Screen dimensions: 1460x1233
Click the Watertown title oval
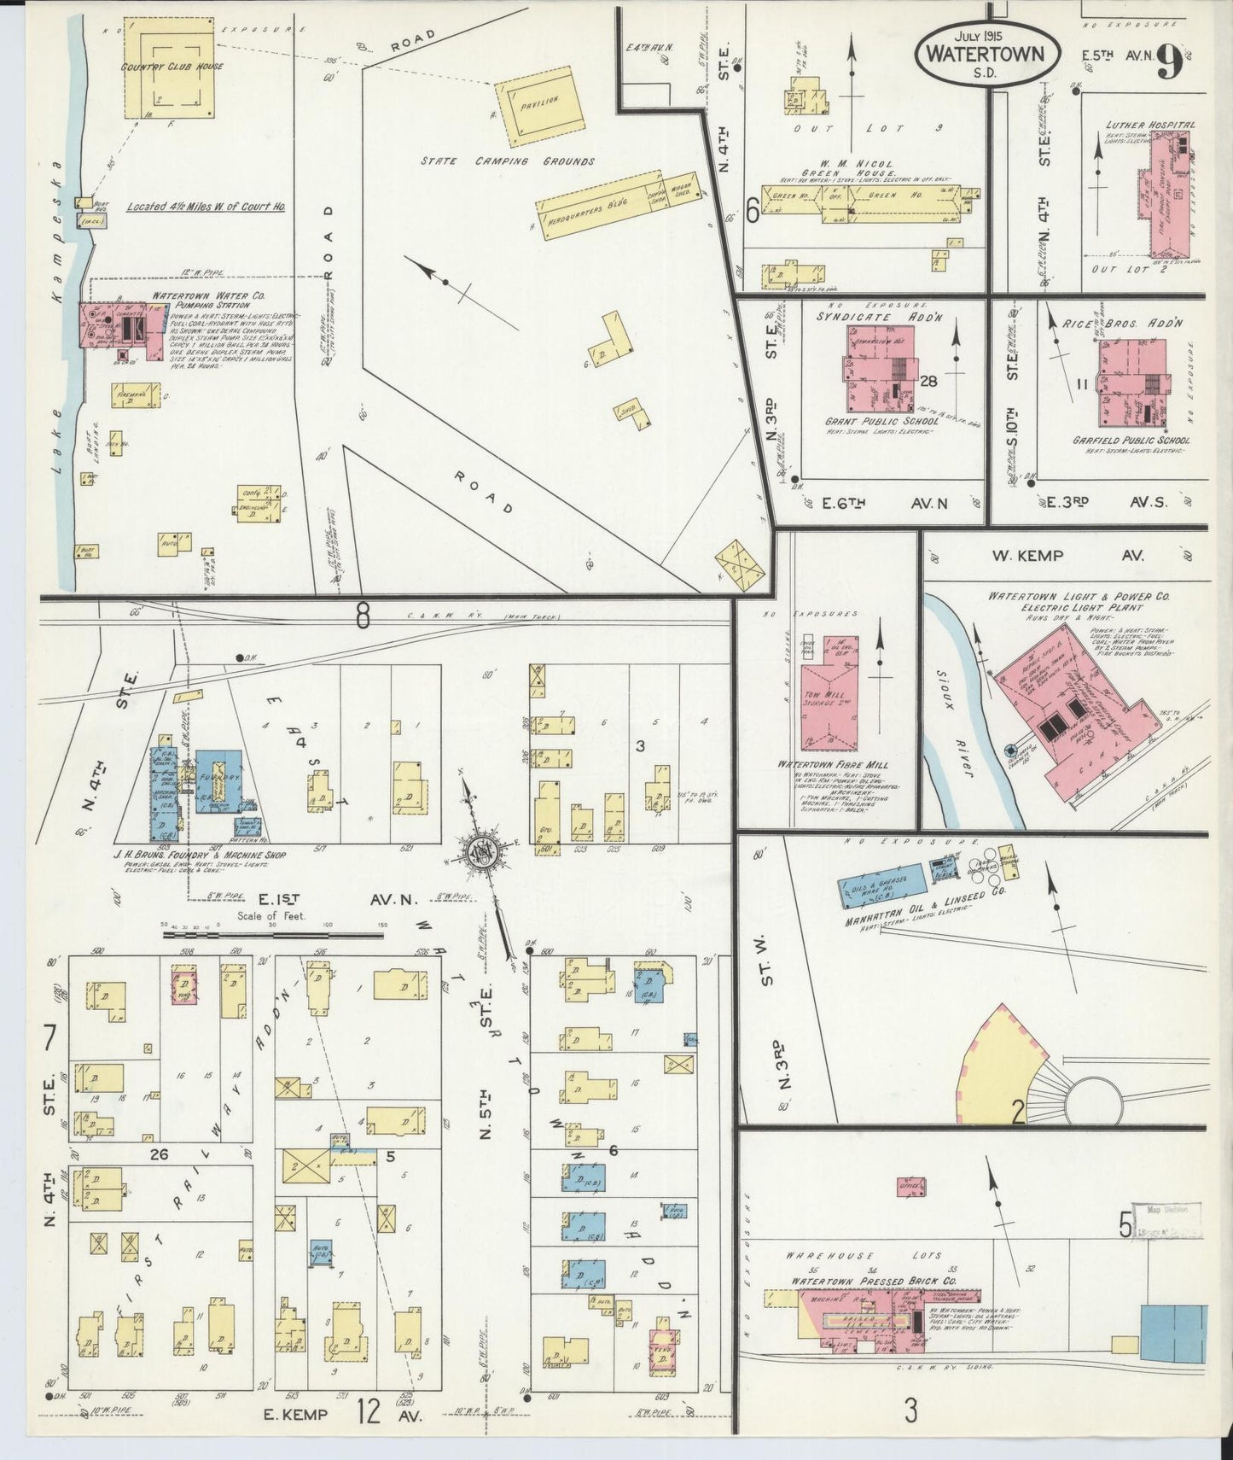pos(988,51)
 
